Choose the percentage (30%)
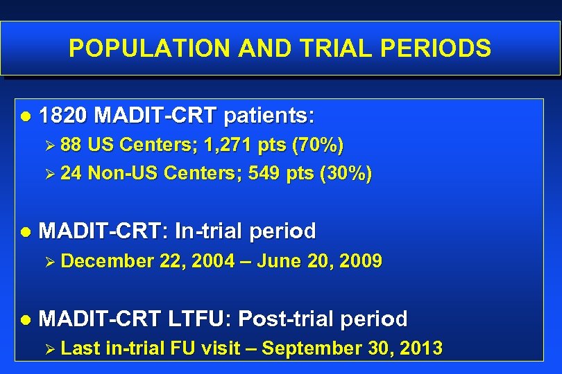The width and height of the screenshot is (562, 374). (x=346, y=173)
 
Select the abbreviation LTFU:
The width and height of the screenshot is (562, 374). (x=200, y=319)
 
